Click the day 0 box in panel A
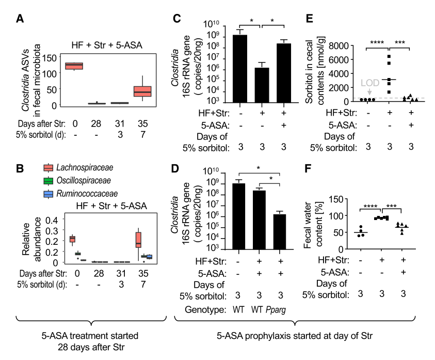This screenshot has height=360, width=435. point(74,66)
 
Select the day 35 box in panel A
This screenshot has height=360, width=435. point(142,91)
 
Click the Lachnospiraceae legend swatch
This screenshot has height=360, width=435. point(49,167)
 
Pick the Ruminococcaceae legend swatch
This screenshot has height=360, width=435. point(49,194)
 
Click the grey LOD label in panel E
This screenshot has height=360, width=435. point(369,82)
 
